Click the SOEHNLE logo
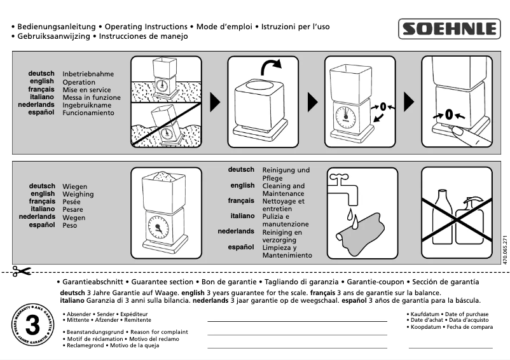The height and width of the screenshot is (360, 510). pyautogui.click(x=448, y=29)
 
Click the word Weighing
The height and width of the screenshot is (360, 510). pyautogui.click(x=78, y=194)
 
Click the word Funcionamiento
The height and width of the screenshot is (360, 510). pyautogui.click(x=88, y=113)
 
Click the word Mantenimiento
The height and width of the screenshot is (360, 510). pyautogui.click(x=287, y=256)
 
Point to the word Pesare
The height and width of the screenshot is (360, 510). pyautogui.click(x=73, y=209)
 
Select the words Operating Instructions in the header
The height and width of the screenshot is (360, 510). pyautogui.click(x=146, y=27)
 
